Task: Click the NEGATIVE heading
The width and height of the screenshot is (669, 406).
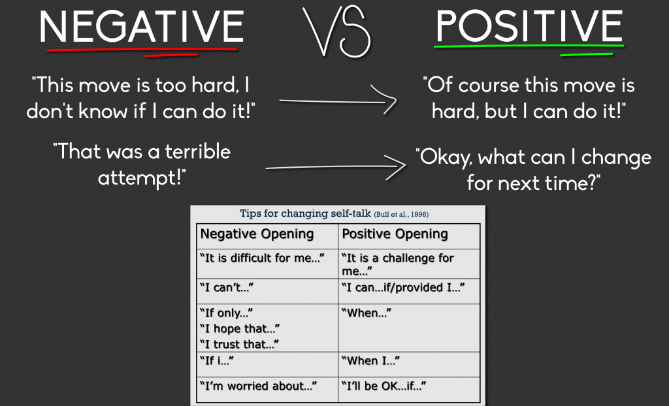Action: [142, 27]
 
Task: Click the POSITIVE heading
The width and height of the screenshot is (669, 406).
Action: [529, 26]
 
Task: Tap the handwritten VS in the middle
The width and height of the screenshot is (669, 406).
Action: [336, 31]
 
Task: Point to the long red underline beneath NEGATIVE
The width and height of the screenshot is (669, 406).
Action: [142, 50]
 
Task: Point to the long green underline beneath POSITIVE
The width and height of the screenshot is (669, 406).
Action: [529, 46]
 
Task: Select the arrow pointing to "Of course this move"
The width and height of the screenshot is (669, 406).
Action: [338, 101]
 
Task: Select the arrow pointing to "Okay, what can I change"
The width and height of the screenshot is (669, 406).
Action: [336, 167]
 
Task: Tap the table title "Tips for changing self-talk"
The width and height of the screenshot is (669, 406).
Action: [305, 213]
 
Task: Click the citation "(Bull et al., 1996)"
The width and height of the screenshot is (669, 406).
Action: [401, 214]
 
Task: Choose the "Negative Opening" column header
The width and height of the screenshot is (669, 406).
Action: [257, 234]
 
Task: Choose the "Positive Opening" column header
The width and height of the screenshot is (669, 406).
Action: [395, 234]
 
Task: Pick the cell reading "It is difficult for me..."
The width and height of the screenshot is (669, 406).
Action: [262, 258]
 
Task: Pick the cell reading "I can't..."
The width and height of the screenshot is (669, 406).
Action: [226, 287]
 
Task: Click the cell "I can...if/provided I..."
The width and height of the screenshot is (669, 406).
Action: [402, 287]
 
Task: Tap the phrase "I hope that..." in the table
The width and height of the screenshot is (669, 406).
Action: [239, 329]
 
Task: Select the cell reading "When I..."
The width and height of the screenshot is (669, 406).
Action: [370, 361]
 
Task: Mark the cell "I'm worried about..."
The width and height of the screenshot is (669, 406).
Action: [258, 386]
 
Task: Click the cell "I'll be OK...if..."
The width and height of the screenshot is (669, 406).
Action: [383, 386]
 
